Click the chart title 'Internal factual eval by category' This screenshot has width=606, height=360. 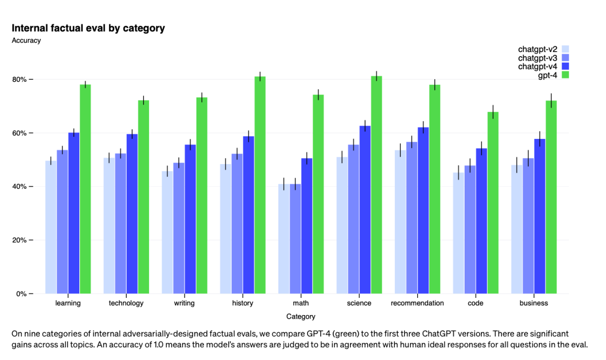click(88, 28)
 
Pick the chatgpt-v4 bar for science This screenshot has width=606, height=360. click(365, 210)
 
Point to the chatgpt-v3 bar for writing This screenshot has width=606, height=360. click(179, 228)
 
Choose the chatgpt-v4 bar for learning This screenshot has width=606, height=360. click(74, 213)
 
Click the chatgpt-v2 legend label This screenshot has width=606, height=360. click(537, 49)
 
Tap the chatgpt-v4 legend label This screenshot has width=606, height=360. click(537, 67)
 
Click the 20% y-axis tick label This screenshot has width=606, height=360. click(21, 240)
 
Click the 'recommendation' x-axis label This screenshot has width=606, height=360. click(418, 303)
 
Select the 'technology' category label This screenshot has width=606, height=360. click(126, 303)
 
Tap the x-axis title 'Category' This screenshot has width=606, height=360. click(300, 317)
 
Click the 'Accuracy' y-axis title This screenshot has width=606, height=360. click(26, 41)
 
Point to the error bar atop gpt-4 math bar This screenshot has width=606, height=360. click(318, 94)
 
